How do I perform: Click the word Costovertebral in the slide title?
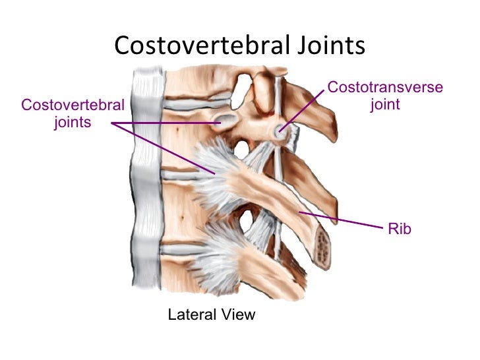pyautogui.click(x=201, y=46)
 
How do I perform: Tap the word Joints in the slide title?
pyautogui.click(x=330, y=46)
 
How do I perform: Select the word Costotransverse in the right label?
pyautogui.click(x=385, y=87)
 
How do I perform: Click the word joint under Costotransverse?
pyautogui.click(x=385, y=104)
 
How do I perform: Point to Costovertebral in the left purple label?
pyautogui.click(x=73, y=105)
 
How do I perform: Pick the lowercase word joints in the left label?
pyautogui.click(x=73, y=122)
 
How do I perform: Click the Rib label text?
pyautogui.click(x=400, y=229)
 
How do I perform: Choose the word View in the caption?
pyautogui.click(x=237, y=315)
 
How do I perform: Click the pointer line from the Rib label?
pyautogui.click(x=340, y=220)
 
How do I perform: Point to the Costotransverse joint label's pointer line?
pyautogui.click(x=303, y=109)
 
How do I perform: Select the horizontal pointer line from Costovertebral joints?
pyautogui.click(x=165, y=123)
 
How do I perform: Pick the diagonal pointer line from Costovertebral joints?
pyautogui.click(x=162, y=148)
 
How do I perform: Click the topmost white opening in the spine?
pyautogui.click(x=242, y=82)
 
